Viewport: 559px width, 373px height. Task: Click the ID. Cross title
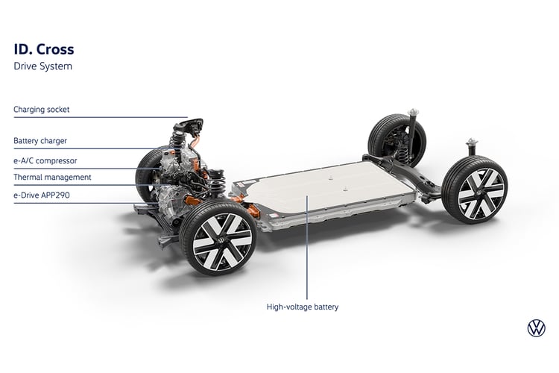point(44,49)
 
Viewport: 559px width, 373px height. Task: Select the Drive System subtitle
point(42,66)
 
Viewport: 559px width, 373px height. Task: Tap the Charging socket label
point(41,110)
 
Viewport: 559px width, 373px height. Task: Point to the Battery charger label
point(40,141)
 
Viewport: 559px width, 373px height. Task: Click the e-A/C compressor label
point(45,160)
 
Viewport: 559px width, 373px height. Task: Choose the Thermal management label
point(52,178)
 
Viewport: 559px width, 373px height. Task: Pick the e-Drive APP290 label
point(42,195)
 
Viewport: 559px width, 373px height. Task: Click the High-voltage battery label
point(303,307)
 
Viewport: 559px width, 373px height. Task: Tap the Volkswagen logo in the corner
point(536,328)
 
